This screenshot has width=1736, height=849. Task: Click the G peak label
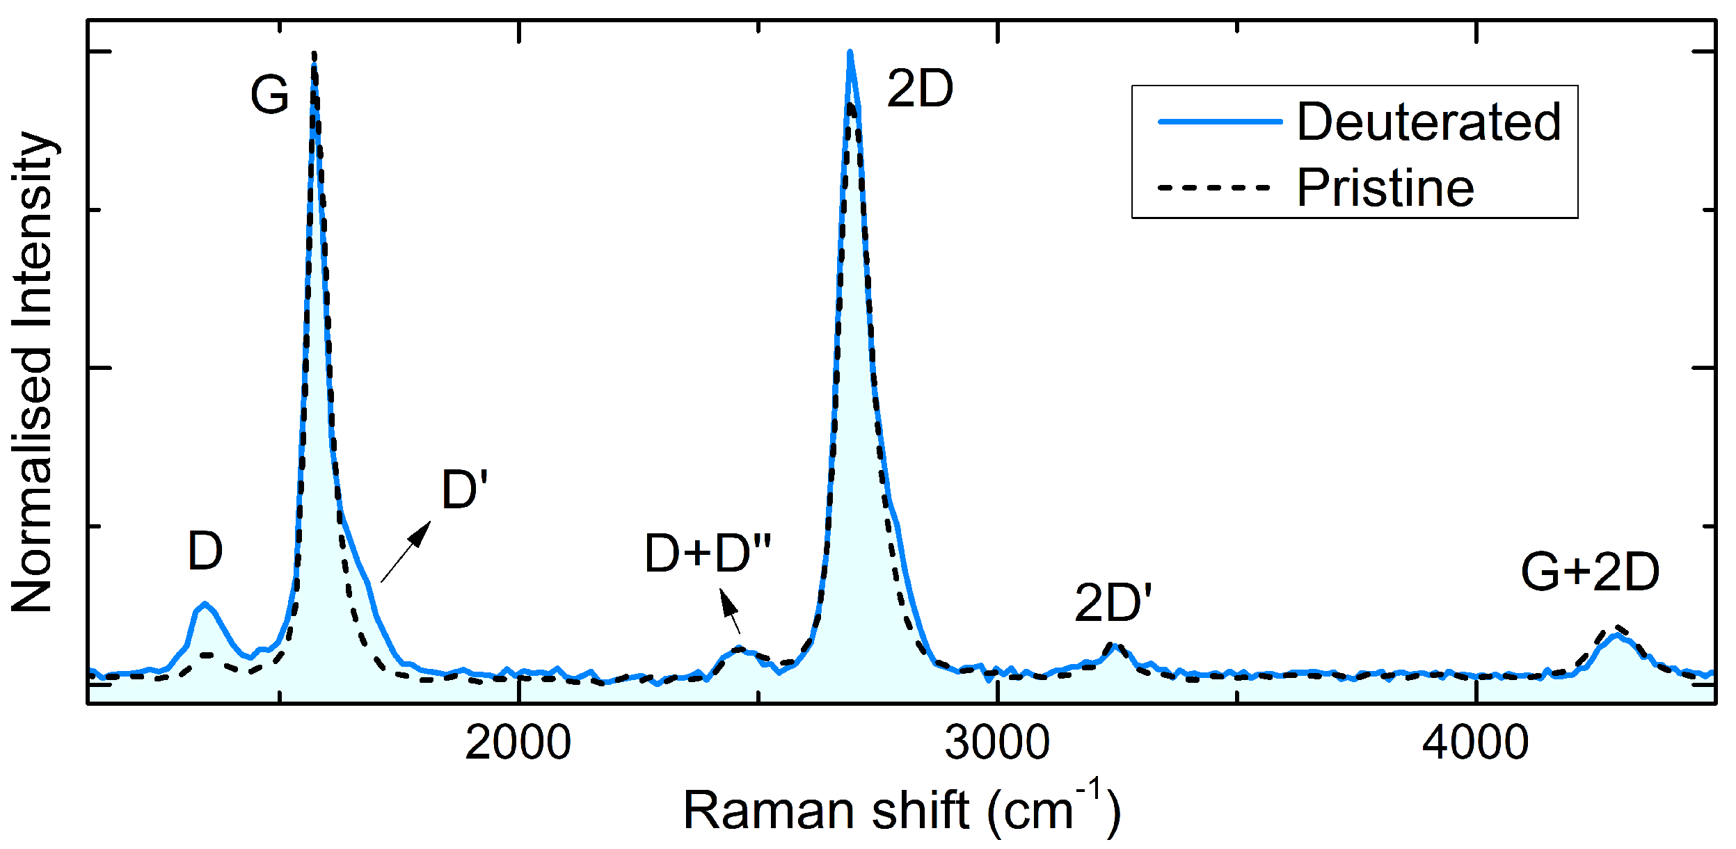(x=269, y=95)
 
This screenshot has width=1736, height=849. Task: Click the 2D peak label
(x=919, y=90)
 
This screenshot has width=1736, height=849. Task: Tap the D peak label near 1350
(x=205, y=551)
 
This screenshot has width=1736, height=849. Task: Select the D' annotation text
(x=464, y=490)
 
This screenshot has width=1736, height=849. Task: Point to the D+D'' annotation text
(x=708, y=553)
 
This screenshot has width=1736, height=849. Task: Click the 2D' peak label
(x=1113, y=602)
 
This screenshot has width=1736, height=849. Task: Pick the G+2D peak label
(x=1590, y=572)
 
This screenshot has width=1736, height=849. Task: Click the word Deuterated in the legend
(x=1429, y=122)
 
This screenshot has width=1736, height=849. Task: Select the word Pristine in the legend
(x=1385, y=188)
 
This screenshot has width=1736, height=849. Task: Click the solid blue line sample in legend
(x=1220, y=122)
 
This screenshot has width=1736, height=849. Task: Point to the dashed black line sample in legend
(x=1214, y=188)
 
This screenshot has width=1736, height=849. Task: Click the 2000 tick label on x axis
(x=518, y=742)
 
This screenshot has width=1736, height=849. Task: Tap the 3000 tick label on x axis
(x=996, y=742)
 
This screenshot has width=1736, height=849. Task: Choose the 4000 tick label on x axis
(x=1475, y=742)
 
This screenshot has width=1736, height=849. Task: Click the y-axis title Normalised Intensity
(x=33, y=372)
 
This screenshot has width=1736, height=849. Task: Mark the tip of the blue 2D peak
(x=850, y=52)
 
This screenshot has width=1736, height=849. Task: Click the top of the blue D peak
(x=204, y=604)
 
